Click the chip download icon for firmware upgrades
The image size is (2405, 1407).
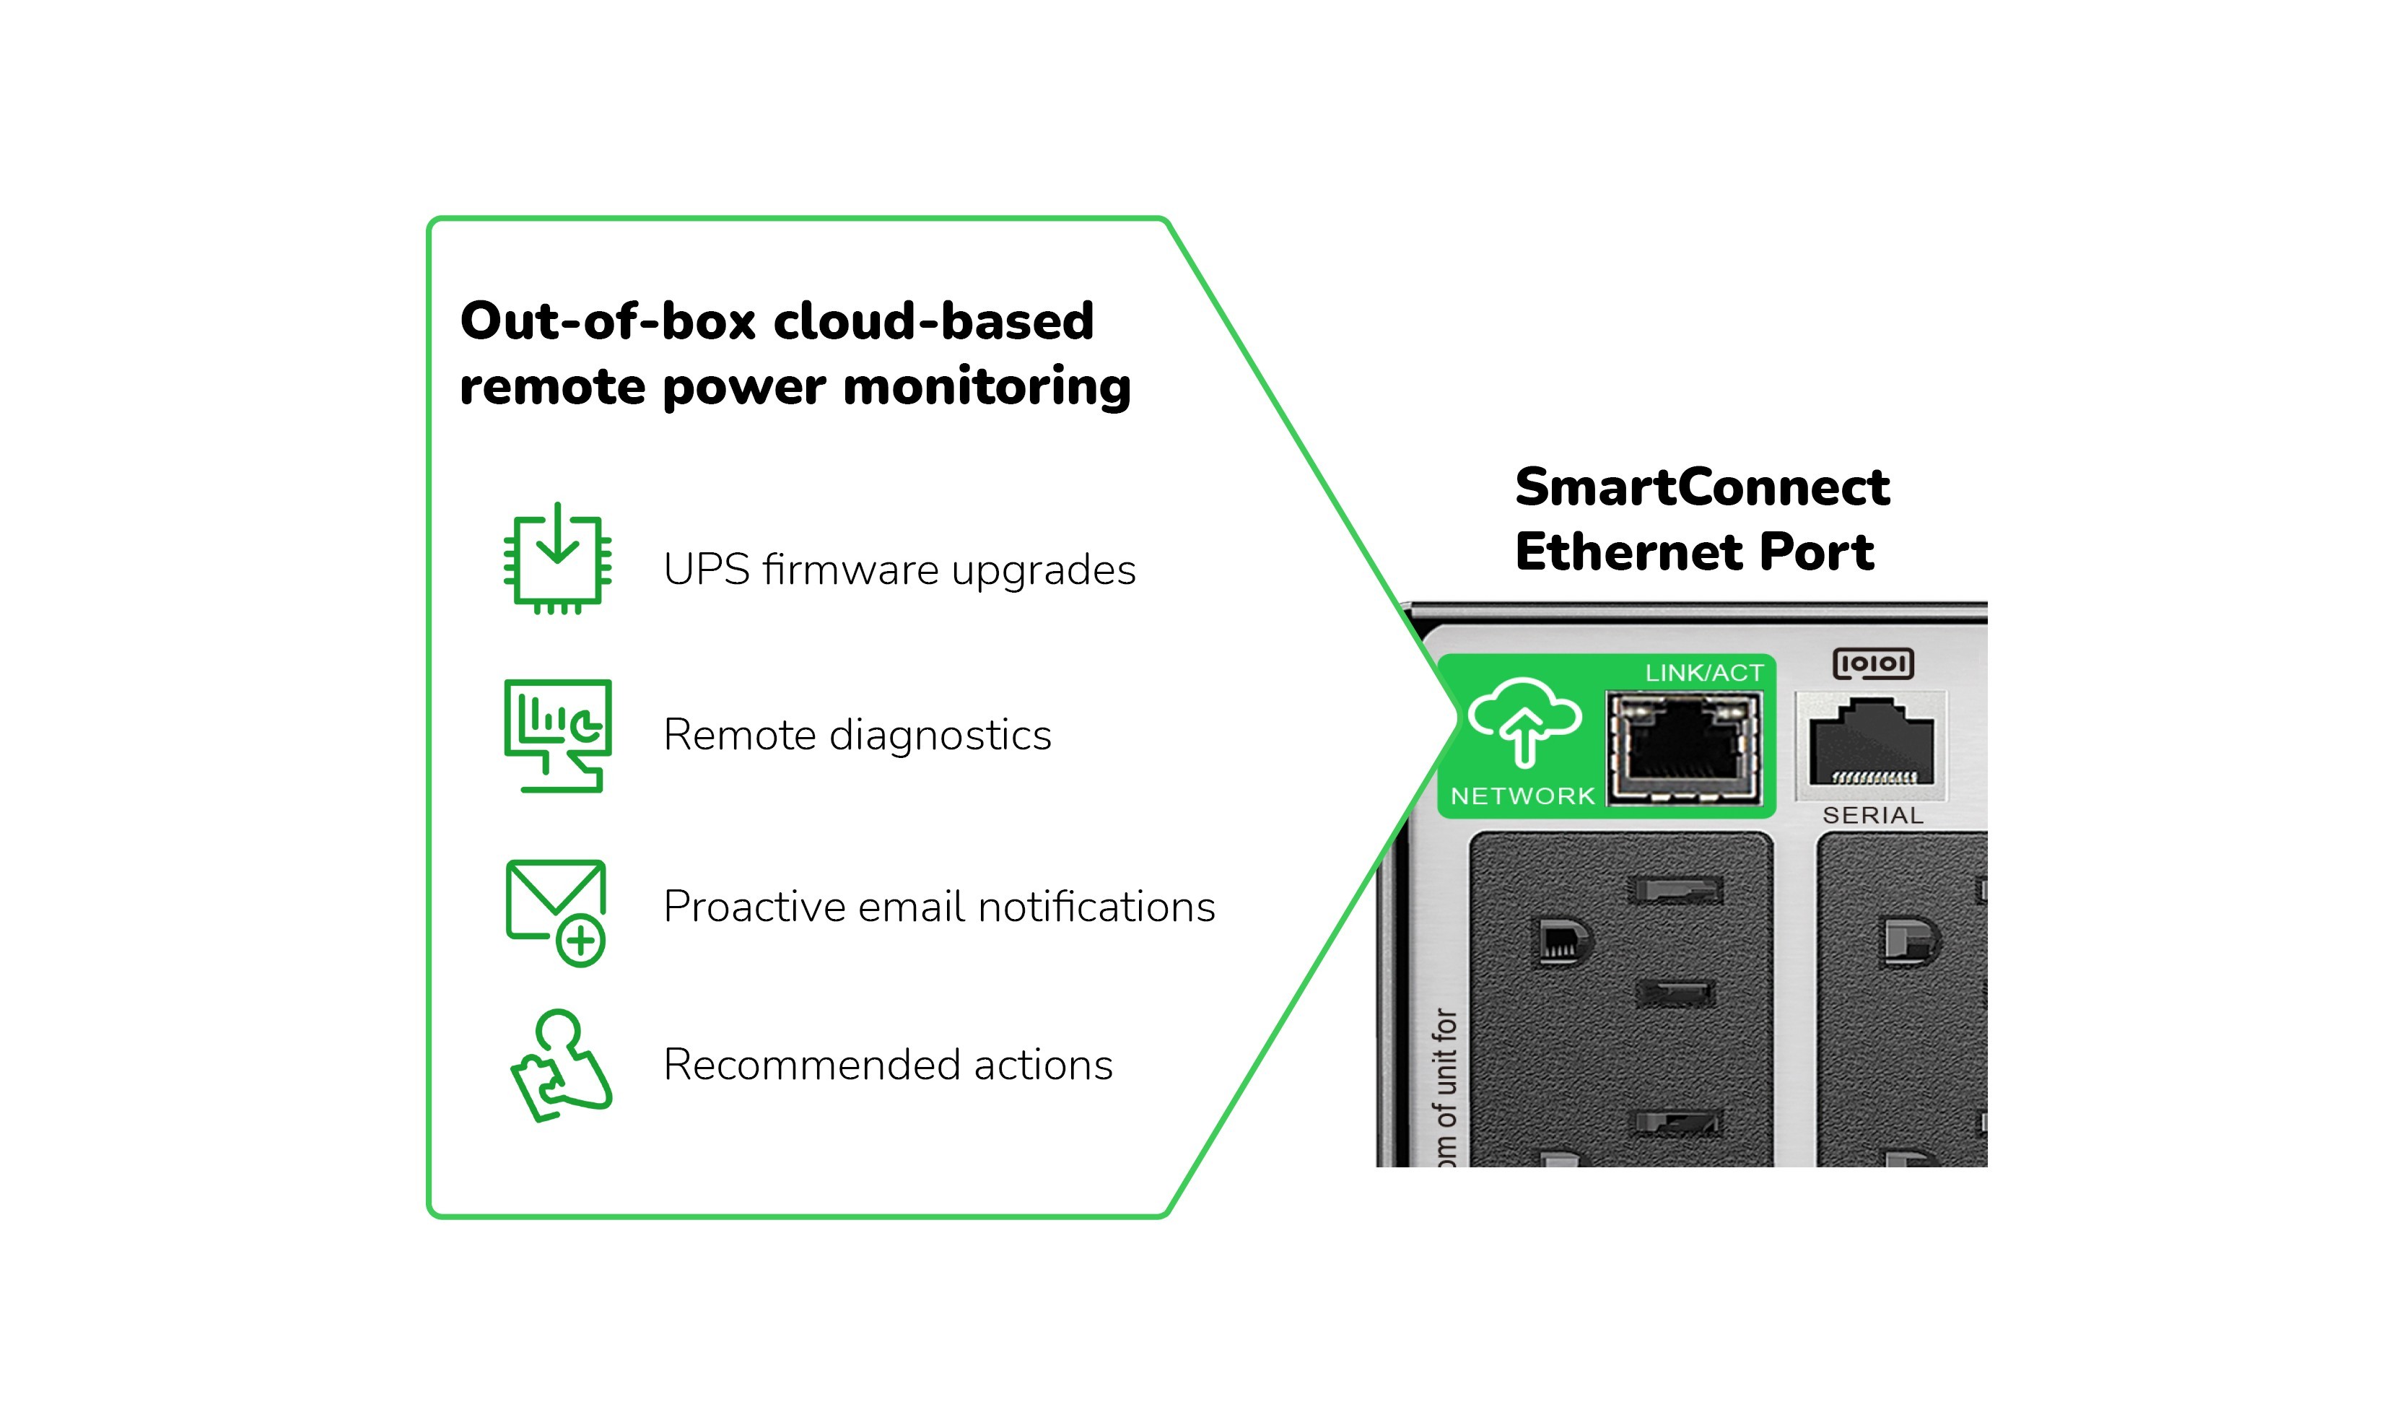pos(557,559)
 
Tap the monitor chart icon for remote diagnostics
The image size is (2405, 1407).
pos(557,735)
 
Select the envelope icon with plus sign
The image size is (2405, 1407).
pos(556,912)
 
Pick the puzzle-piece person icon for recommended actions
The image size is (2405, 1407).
pos(560,1066)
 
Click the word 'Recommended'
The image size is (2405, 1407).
pos(811,1064)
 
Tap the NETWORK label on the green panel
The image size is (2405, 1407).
pos(1522,796)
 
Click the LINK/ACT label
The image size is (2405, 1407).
pos(1703,673)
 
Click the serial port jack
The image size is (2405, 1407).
pos(1872,744)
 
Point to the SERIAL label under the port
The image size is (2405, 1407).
pos(1872,815)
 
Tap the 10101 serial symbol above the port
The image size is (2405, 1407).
pos(1872,663)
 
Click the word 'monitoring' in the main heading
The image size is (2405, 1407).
pos(987,388)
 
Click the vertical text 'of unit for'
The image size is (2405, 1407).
pos(1445,1070)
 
